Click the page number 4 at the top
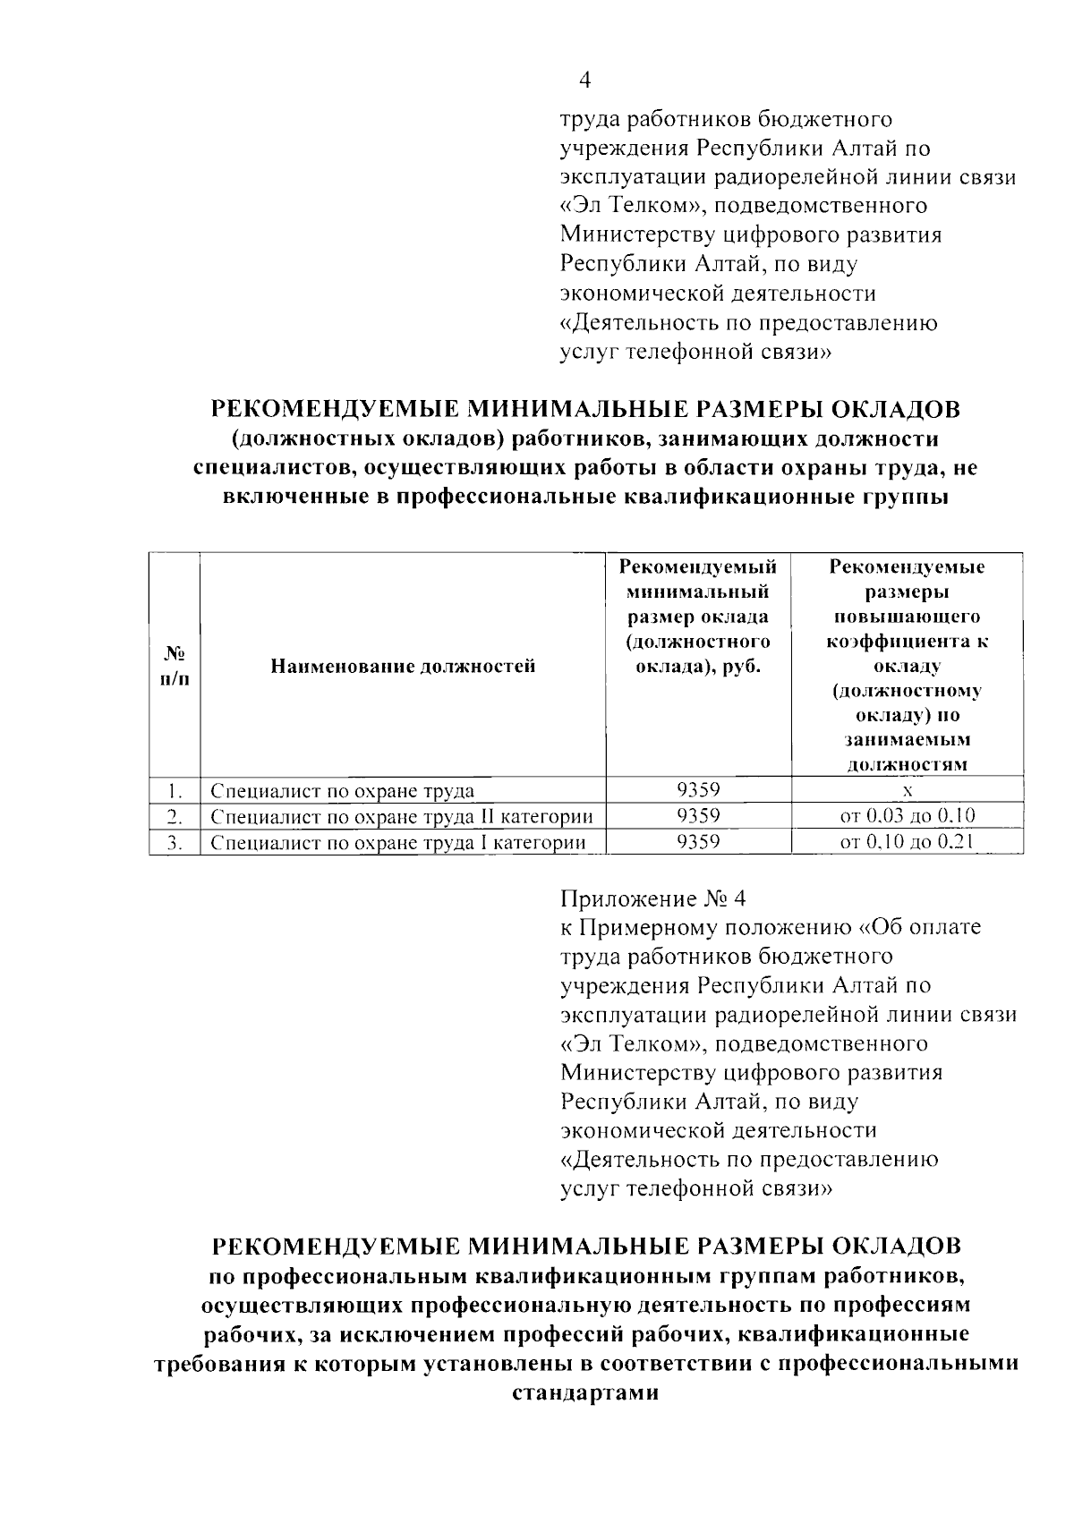pos(585,81)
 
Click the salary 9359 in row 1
pos(699,789)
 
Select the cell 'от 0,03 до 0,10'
pos(907,815)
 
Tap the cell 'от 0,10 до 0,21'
pos(907,841)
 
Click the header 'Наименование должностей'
pos(403,666)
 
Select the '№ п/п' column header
pos(175,666)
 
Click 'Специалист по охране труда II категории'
pos(401,816)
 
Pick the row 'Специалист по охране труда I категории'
pos(397,842)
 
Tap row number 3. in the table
pos(175,842)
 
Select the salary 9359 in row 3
pos(699,841)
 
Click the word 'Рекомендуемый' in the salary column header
pos(698,567)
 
